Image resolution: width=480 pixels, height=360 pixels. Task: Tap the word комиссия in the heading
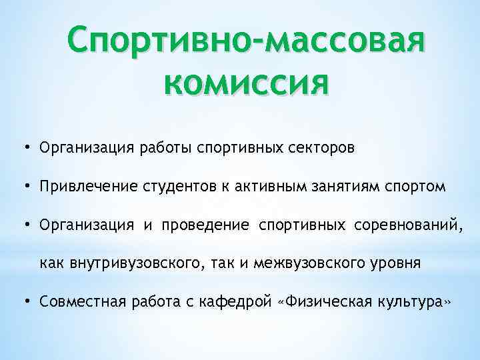coord(245,84)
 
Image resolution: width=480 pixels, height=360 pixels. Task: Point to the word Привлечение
coord(89,187)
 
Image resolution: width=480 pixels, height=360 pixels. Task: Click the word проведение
coord(203,225)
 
